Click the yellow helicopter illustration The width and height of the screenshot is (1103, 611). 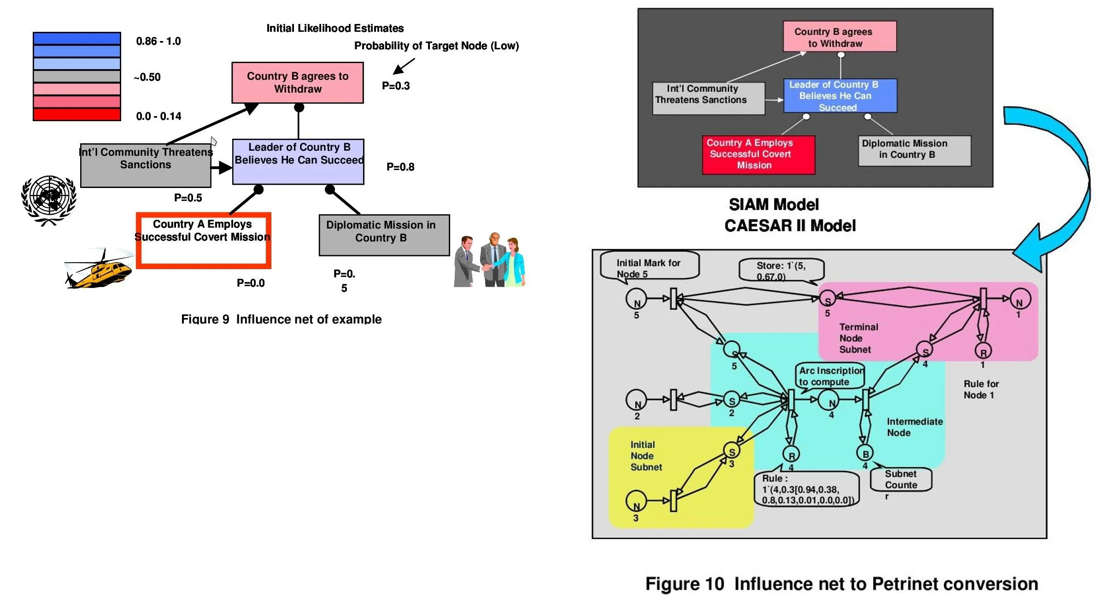point(99,270)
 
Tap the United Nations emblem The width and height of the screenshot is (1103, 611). point(49,199)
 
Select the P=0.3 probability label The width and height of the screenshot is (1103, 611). point(396,86)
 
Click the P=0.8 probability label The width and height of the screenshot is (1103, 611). point(400,167)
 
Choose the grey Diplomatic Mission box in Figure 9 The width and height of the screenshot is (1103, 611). point(384,235)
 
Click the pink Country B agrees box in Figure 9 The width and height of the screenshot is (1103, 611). point(298,82)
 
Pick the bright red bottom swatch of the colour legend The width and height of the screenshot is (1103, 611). point(77,114)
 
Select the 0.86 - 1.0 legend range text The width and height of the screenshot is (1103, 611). point(158,41)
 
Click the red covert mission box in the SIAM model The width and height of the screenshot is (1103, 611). point(758,154)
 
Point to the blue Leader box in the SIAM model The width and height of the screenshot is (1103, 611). point(840,96)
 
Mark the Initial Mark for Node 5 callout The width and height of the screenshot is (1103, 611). point(650,265)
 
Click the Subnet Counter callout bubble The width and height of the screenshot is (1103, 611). point(901,479)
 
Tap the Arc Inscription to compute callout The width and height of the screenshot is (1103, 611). point(830,376)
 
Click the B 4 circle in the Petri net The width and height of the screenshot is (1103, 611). point(865,454)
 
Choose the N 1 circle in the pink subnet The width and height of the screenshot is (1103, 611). point(1020,299)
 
